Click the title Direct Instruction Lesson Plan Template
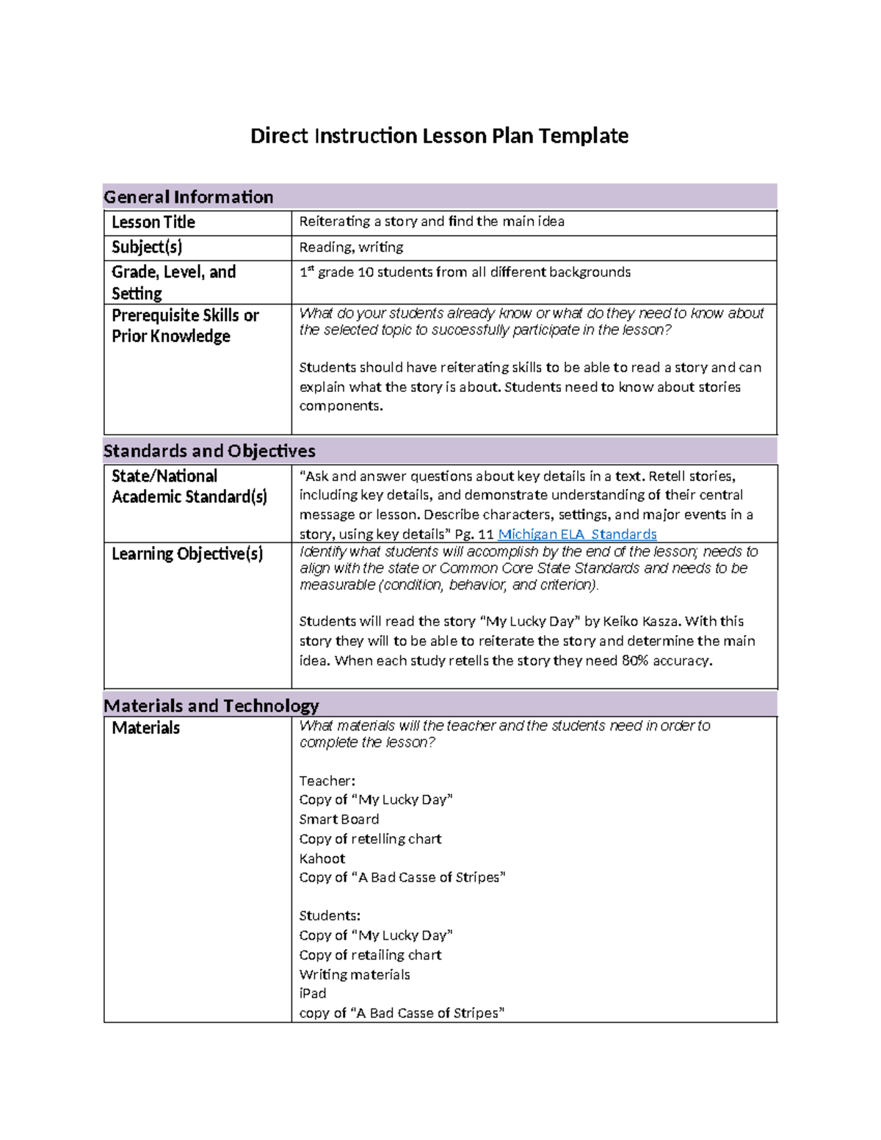[x=439, y=136]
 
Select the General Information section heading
[x=189, y=197]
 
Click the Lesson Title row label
[x=153, y=222]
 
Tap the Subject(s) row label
[x=147, y=247]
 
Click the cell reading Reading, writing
[x=351, y=247]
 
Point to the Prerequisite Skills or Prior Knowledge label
[x=185, y=326]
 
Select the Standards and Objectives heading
[x=209, y=451]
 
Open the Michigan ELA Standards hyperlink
[x=577, y=534]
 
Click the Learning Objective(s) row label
[x=187, y=554]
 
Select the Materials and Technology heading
[x=211, y=705]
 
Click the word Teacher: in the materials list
[x=327, y=781]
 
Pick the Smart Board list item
[x=339, y=819]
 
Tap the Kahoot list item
[x=322, y=858]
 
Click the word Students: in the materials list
[x=330, y=915]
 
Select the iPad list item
[x=313, y=993]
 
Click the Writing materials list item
[x=355, y=974]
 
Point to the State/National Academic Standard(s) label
[x=189, y=487]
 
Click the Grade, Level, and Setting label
[x=173, y=283]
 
